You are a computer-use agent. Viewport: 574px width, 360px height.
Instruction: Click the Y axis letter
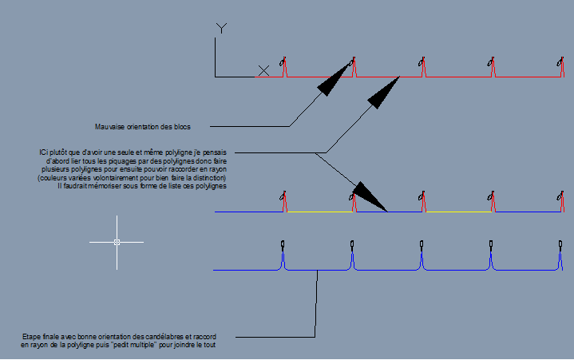[221, 28]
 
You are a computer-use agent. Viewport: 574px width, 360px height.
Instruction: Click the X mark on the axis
[263, 70]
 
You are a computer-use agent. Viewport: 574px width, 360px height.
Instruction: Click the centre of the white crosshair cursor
[117, 242]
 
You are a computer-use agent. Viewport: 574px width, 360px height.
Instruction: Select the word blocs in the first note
[182, 127]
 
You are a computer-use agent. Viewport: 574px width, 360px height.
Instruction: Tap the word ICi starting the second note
[44, 152]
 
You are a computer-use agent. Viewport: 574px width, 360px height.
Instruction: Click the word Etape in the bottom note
[30, 337]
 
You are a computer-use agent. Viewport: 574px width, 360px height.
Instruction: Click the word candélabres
[163, 337]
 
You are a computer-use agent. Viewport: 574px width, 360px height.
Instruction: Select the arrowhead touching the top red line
[383, 93]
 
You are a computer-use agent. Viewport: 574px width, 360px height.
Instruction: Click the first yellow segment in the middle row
[320, 212]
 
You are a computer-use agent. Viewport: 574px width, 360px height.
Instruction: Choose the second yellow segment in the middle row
[459, 212]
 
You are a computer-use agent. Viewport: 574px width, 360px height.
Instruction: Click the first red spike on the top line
[285, 68]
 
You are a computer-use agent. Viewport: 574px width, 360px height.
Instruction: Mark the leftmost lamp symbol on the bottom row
[283, 244]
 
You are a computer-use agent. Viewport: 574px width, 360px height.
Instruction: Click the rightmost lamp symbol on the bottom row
[560, 244]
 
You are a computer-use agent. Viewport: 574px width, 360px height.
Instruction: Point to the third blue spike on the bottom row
[422, 259]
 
